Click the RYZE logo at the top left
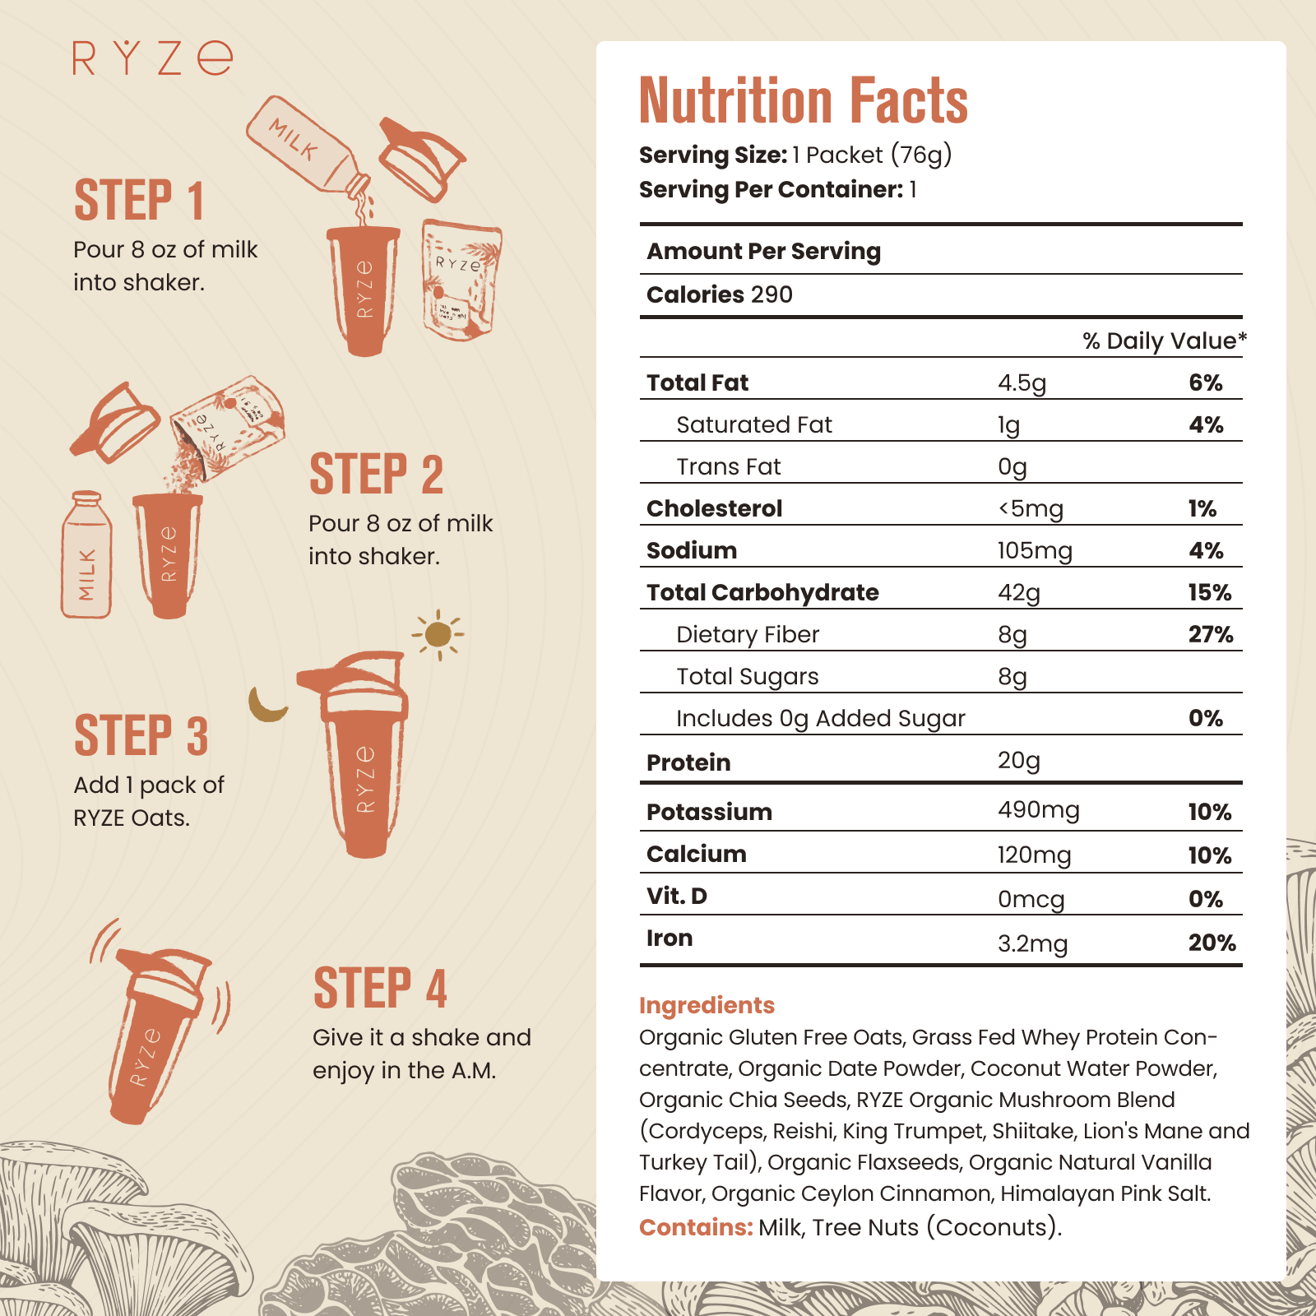click(153, 58)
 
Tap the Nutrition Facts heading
click(803, 101)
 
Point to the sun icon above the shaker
click(438, 634)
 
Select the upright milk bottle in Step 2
click(86, 556)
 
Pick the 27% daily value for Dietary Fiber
click(1210, 634)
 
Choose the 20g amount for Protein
click(1018, 761)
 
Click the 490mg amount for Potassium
click(1038, 810)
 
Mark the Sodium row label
click(692, 550)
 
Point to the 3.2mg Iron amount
click(1032, 943)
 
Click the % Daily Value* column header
click(1164, 341)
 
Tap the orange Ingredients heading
click(707, 1005)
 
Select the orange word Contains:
click(696, 1227)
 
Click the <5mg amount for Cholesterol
click(1030, 508)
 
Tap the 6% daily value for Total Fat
click(1205, 382)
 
